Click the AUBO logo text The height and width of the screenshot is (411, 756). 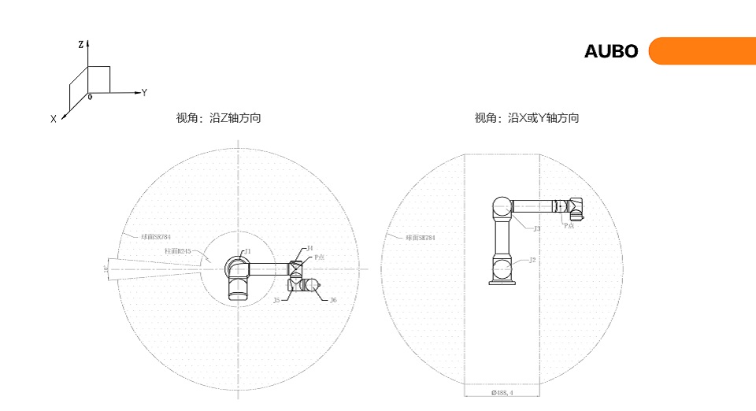(611, 52)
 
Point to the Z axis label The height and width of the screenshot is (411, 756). (81, 46)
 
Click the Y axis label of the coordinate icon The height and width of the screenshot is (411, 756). (144, 93)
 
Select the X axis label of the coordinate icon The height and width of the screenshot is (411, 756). (54, 119)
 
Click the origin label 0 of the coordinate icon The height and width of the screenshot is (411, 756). (90, 97)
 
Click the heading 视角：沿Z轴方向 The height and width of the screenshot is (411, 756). (218, 119)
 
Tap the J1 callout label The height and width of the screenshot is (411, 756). (247, 251)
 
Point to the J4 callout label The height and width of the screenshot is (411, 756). (309, 249)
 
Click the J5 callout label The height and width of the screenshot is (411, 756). (277, 300)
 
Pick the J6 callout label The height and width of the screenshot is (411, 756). (333, 300)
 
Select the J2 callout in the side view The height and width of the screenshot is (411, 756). (533, 259)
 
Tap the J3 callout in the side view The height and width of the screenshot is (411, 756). (536, 228)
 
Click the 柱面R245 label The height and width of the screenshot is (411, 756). (179, 251)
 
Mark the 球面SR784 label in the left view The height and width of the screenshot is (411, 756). (156, 236)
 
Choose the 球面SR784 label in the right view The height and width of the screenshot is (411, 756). (421, 237)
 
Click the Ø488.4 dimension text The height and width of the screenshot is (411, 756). (502, 392)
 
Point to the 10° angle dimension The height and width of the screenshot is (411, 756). (106, 269)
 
